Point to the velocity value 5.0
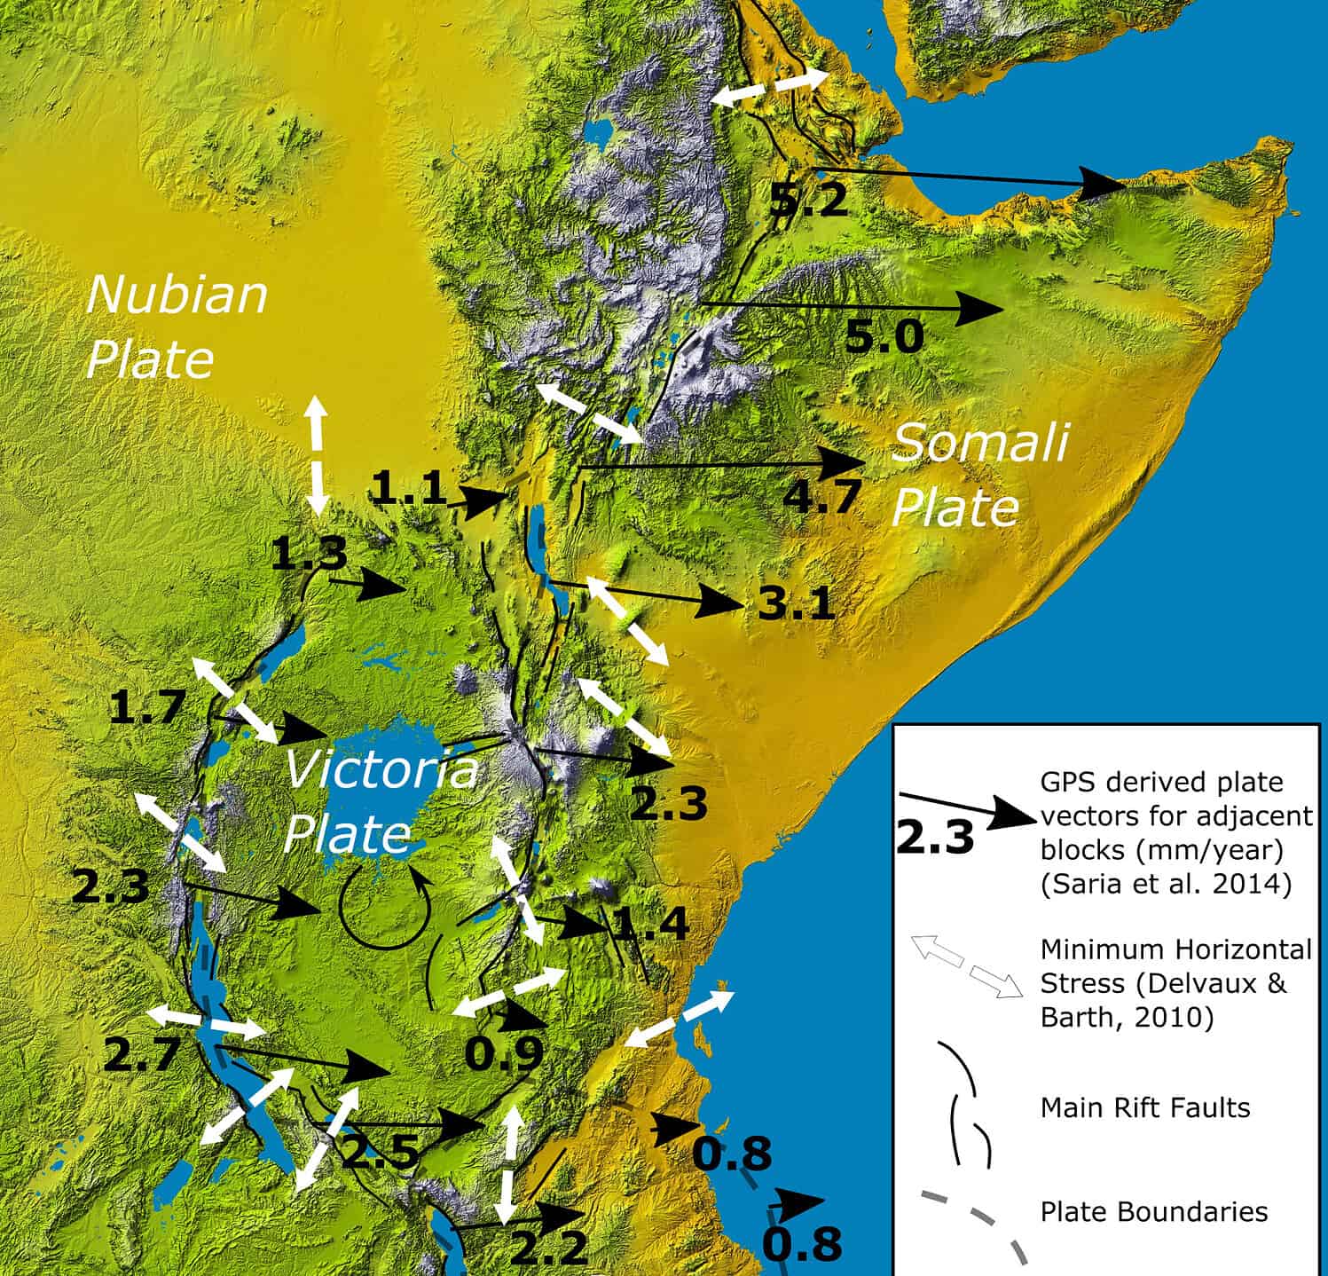pyautogui.click(x=884, y=337)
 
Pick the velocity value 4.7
pyautogui.click(x=821, y=496)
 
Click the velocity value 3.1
pyautogui.click(x=796, y=607)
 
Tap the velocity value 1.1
pyautogui.click(x=409, y=489)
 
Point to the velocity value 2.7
pyautogui.click(x=142, y=1055)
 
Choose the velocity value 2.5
pyautogui.click(x=380, y=1153)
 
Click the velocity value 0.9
pyautogui.click(x=504, y=1053)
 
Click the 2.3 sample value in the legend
pyautogui.click(x=935, y=837)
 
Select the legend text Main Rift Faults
pyautogui.click(x=1144, y=1107)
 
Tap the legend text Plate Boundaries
pyautogui.click(x=1153, y=1211)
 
